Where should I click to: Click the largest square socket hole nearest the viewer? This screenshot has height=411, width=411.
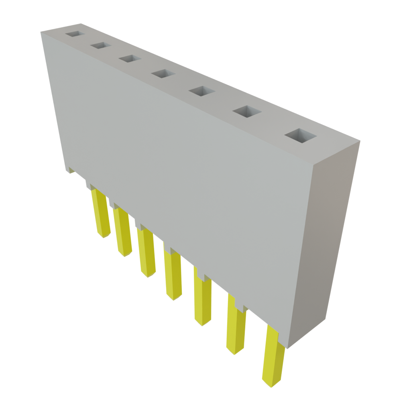(300, 136)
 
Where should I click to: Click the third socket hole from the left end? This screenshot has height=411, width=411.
(130, 59)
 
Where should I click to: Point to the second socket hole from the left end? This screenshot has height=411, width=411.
(100, 46)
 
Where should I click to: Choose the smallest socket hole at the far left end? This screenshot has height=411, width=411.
(75, 35)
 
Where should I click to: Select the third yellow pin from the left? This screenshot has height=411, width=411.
(146, 253)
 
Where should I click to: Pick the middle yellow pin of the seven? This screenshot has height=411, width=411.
(173, 275)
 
